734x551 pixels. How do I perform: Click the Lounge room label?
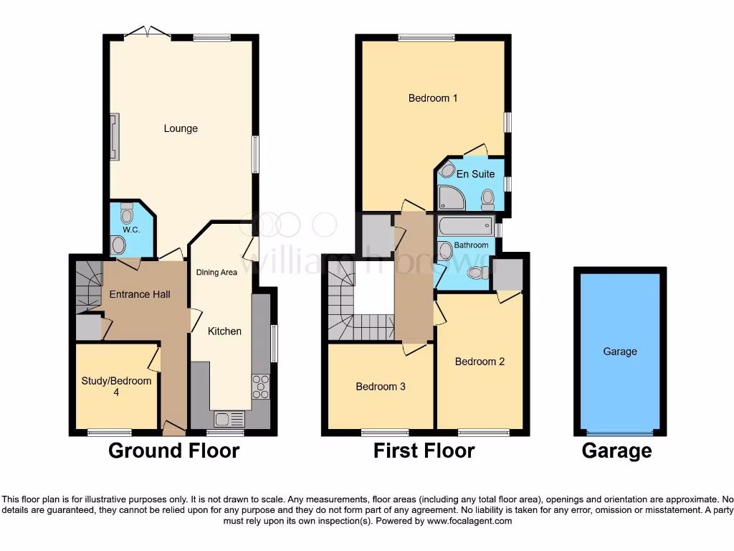tap(181, 129)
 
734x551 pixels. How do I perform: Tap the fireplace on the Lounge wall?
tap(114, 136)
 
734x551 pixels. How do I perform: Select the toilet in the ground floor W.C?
tap(127, 214)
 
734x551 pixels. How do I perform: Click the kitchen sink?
tap(229, 419)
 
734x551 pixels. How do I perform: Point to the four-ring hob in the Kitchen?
tap(260, 387)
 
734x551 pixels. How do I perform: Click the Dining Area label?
tap(216, 273)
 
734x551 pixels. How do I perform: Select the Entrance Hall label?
tap(140, 294)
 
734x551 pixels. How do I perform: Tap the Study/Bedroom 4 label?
tap(116, 386)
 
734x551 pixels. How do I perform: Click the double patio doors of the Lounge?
tap(147, 33)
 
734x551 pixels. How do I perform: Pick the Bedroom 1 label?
tap(433, 98)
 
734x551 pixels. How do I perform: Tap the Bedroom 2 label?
tap(480, 362)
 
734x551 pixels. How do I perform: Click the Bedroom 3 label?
tap(381, 387)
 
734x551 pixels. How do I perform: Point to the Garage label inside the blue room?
tap(620, 352)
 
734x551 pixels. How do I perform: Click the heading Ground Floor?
tap(173, 451)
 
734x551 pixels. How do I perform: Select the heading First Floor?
tap(424, 451)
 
